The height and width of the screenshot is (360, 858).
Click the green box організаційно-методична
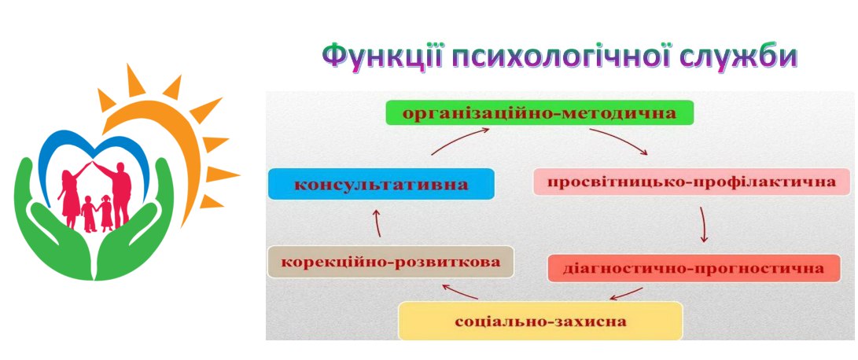tap(539, 112)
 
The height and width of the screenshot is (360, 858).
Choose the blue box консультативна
tap(381, 184)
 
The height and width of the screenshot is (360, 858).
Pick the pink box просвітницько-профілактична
tap(691, 181)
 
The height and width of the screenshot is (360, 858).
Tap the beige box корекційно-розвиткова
tap(391, 262)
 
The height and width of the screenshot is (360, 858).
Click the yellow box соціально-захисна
tap(540, 321)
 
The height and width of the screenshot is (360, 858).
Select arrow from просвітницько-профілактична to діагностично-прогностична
tap(703, 224)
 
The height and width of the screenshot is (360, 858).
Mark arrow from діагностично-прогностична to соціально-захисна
tap(627, 294)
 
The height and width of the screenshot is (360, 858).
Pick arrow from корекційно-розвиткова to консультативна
tap(377, 224)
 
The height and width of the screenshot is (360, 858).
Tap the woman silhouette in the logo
tap(70, 194)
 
